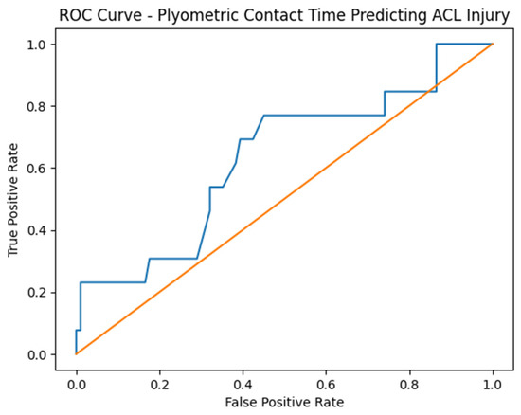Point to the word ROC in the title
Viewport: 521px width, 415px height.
[74, 15]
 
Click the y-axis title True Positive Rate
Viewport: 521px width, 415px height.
[13, 200]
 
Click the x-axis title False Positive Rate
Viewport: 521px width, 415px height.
[284, 403]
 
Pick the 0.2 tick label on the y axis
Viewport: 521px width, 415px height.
[37, 293]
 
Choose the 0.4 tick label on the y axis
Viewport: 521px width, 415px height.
[37, 230]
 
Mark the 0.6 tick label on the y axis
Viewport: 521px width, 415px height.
[37, 169]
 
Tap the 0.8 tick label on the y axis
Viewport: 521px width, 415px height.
[37, 106]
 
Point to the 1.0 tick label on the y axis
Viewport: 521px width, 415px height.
[37, 45]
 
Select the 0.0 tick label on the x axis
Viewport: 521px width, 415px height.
[77, 385]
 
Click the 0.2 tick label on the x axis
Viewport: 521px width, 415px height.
[159, 385]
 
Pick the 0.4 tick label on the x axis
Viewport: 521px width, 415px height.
[243, 385]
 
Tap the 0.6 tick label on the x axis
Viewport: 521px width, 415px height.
[326, 385]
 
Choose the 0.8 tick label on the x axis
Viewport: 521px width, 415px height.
[409, 385]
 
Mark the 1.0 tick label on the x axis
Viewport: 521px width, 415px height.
[493, 385]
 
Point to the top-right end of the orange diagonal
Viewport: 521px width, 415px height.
[493, 44]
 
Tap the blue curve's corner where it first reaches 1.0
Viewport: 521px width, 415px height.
[437, 44]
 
